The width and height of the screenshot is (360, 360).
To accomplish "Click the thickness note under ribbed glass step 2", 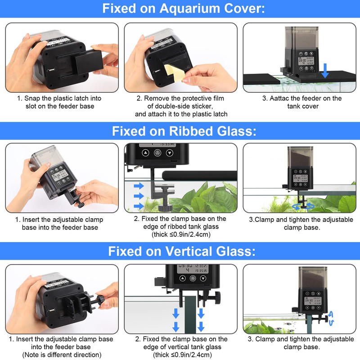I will click(x=180, y=234).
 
